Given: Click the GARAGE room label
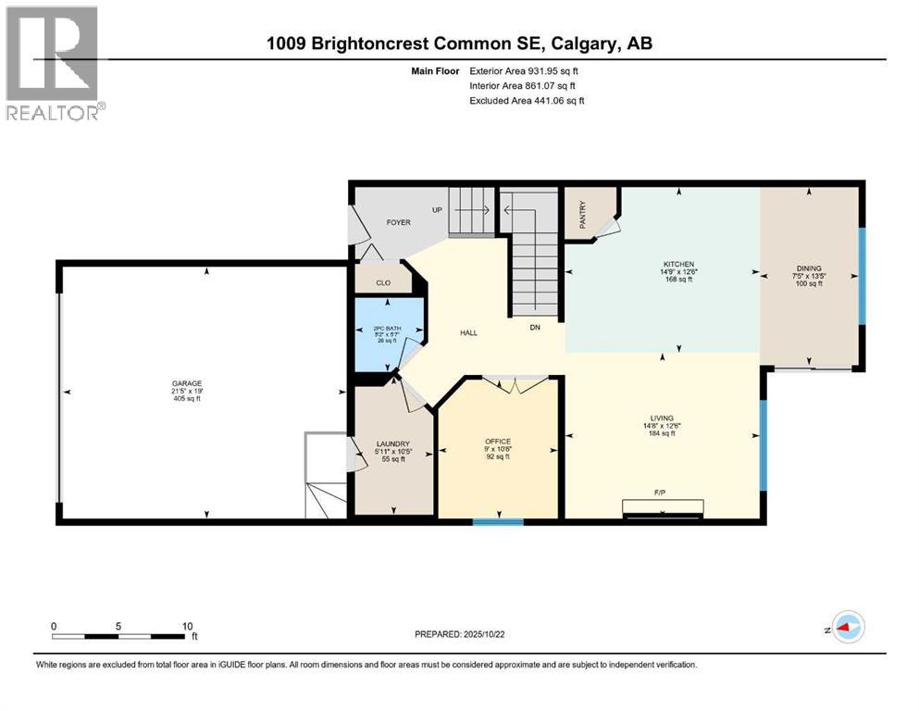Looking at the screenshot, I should point(186,383).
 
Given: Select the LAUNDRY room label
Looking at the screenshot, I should point(392,443).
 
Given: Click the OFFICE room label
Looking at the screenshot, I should point(498,441).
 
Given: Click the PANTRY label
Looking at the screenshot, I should point(583,215).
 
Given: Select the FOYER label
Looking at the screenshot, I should point(398,223).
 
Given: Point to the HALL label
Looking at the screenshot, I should point(469,332).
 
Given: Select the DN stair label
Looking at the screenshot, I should point(534,327).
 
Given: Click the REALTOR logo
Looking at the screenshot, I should point(54,63).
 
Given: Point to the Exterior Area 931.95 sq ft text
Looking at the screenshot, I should point(527,70).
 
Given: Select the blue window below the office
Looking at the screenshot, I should point(498,522).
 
